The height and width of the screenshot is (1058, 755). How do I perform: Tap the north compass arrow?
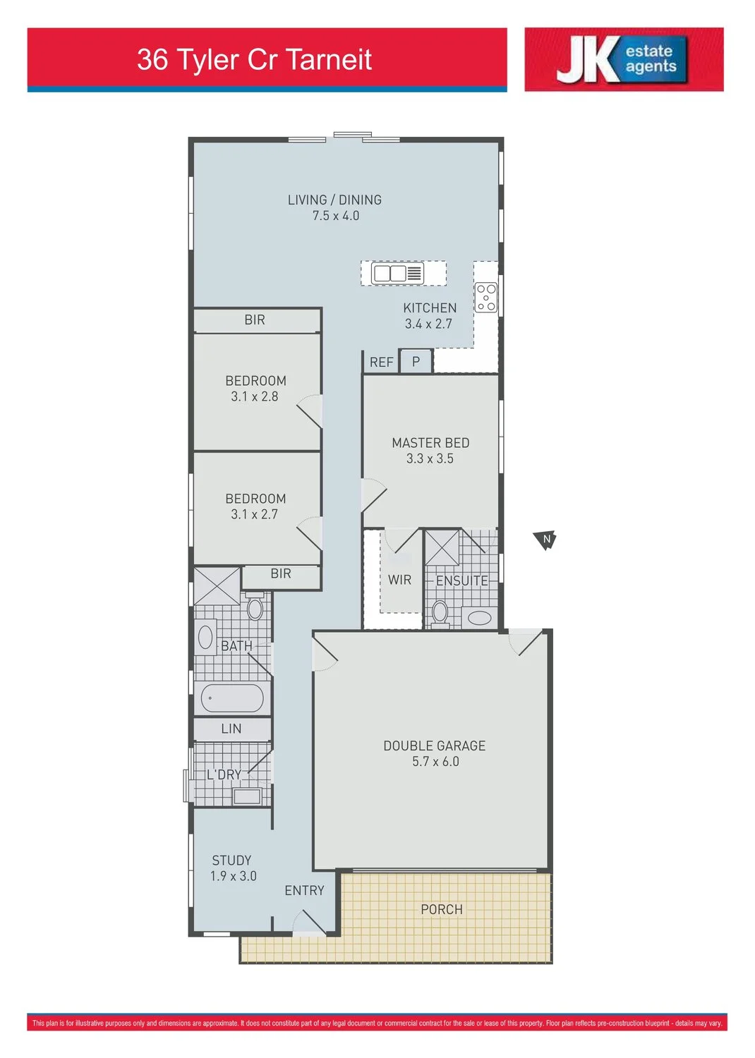point(545,540)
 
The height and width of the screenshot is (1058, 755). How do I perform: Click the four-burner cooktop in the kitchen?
point(486,298)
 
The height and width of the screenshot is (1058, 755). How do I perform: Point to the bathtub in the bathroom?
point(232,698)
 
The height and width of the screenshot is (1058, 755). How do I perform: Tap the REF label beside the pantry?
point(381,363)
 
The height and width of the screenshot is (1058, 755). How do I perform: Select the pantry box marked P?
point(416,362)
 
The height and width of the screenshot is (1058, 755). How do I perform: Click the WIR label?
point(399,580)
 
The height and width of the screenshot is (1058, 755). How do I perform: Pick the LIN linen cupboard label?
point(231,729)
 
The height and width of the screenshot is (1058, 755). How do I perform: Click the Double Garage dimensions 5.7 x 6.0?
point(435,761)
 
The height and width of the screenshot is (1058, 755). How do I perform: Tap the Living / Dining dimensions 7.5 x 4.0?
point(336,216)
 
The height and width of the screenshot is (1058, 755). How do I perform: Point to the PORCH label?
point(442,910)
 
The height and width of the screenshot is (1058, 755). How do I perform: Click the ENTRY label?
point(304,891)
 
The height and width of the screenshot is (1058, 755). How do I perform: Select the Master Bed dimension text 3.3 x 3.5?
point(430,458)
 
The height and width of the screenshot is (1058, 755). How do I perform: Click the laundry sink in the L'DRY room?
point(247,796)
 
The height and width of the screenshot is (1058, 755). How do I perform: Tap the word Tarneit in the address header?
point(330,59)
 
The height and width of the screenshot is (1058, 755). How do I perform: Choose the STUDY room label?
point(231,861)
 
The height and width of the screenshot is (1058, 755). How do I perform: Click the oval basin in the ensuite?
point(479,618)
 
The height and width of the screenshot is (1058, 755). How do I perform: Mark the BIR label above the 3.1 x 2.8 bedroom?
point(255,320)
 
